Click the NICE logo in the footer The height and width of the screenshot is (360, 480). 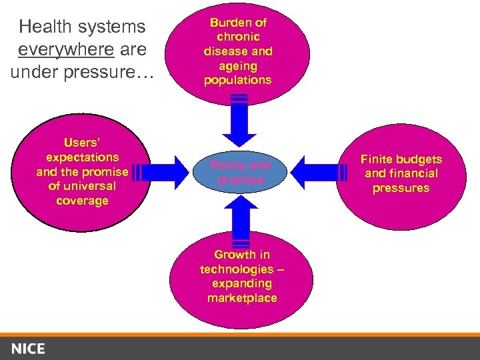[28, 348]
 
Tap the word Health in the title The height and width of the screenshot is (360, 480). [45, 27]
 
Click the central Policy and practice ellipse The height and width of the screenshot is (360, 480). [241, 173]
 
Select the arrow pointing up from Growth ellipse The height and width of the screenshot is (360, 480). [241, 220]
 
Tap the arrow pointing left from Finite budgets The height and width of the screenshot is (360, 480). [320, 173]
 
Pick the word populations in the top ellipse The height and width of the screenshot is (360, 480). [238, 80]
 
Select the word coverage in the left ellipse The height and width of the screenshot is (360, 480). [82, 201]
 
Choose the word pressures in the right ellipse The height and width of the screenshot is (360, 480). [401, 188]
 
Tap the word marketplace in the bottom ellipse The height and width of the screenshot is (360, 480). [242, 298]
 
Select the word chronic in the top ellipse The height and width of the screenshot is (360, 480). [238, 37]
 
